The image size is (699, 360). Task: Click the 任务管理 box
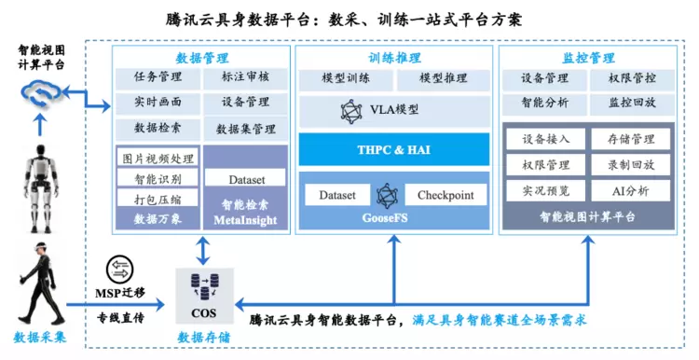158,77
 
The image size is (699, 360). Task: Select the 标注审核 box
246,77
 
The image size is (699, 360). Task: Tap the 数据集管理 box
246,130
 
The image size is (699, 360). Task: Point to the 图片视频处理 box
158,159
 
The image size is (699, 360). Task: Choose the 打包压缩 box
158,199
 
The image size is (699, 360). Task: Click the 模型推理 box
443,79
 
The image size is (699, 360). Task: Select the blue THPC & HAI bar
394,149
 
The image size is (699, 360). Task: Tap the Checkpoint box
445,196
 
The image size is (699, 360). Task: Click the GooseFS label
385,218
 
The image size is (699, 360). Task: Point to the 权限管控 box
632,79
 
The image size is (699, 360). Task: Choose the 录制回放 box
631,165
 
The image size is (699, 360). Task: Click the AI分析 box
631,191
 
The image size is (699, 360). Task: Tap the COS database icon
205,287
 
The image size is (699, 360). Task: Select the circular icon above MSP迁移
120,270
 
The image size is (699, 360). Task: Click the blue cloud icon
41,93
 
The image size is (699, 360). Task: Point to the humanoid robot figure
41,188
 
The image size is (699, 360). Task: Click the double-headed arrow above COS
203,251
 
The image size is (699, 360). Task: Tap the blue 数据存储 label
204,338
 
